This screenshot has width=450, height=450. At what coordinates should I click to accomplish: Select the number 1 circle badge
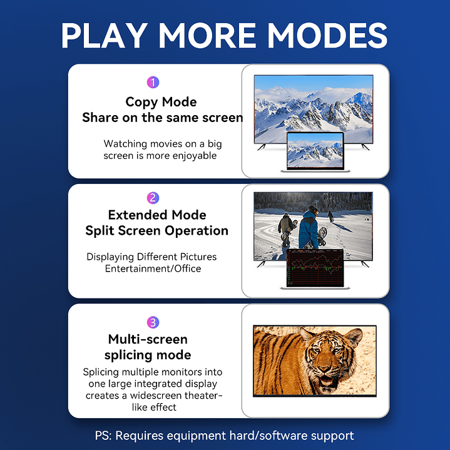pos(153,83)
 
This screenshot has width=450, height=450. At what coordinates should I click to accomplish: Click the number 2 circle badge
pos(153,198)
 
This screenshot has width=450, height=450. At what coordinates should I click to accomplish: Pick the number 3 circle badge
pos(153,322)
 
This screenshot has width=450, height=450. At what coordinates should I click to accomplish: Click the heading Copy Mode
pos(161,102)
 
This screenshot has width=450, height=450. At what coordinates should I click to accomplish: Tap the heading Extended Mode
pos(157,215)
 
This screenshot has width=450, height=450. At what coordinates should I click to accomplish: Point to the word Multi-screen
pos(148,339)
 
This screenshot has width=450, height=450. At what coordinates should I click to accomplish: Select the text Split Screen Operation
pos(157,231)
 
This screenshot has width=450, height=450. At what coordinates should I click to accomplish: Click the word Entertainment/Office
pos(152,268)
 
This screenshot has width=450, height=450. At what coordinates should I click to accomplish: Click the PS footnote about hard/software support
pos(224,436)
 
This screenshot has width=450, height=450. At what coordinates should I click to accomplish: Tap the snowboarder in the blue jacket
pos(308,228)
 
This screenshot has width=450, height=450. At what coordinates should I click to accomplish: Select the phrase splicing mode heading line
pos(148,355)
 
